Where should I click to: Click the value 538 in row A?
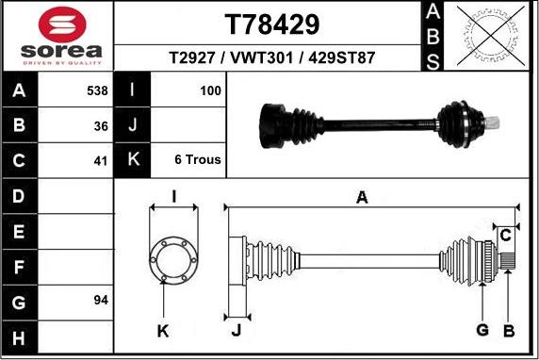[x=97, y=91]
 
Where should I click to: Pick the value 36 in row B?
[x=101, y=125]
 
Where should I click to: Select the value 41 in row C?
[x=101, y=159]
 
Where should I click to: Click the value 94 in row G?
[x=101, y=300]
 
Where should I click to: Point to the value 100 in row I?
[x=210, y=91]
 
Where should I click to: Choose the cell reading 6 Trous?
[x=198, y=159]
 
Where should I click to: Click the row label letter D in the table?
[x=20, y=196]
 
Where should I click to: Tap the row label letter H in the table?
[x=20, y=336]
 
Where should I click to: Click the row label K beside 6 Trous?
[x=132, y=159]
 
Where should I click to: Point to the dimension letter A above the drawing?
[x=361, y=197]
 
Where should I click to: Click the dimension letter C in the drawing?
[x=505, y=233]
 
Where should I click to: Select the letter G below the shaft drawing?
[x=482, y=330]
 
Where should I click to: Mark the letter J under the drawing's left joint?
[x=236, y=330]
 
